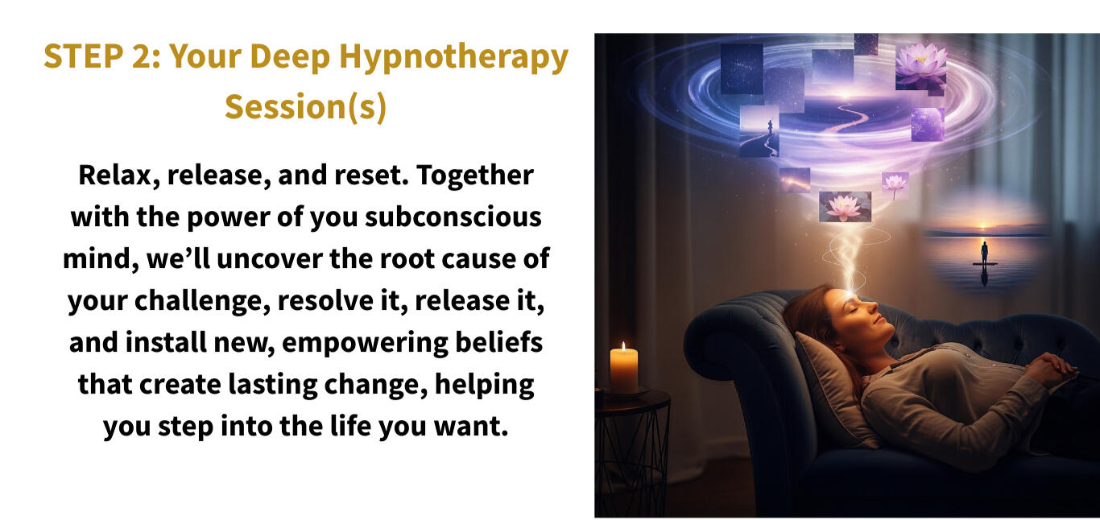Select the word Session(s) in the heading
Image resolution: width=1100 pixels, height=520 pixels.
click(305, 106)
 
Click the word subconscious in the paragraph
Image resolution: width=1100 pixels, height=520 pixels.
click(453, 217)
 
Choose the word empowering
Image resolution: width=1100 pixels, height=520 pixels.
click(365, 343)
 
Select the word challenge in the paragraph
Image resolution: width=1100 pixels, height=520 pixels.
click(202, 301)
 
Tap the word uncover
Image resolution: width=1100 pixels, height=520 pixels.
click(269, 259)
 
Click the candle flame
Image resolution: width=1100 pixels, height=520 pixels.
click(623, 346)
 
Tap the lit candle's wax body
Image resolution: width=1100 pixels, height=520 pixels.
click(623, 371)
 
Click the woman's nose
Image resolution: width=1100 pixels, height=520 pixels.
click(872, 307)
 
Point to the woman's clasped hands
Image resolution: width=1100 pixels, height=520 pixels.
click(1051, 366)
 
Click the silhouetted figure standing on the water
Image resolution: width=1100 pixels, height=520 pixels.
click(984, 252)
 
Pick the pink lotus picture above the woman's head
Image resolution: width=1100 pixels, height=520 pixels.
click(845, 207)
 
